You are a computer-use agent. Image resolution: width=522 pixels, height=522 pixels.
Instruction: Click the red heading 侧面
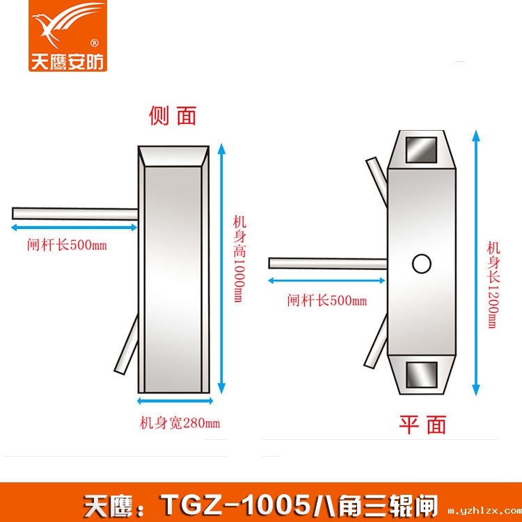pyautogui.click(x=173, y=116)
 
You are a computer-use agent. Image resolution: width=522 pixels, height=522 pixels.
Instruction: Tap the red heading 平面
pyautogui.click(x=422, y=423)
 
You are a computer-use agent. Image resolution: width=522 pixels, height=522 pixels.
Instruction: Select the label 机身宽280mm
pyautogui.click(x=180, y=422)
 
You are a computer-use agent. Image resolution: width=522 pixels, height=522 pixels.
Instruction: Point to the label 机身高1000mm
pyautogui.click(x=237, y=258)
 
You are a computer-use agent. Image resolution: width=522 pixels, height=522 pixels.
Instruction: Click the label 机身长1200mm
pyautogui.click(x=493, y=285)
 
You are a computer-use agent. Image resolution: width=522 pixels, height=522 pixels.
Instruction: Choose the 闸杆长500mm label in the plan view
pyautogui.click(x=326, y=301)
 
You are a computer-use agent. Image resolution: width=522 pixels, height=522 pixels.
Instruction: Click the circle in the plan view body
pyautogui.click(x=422, y=263)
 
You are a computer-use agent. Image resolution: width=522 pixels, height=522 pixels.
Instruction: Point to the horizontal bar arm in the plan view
pyautogui.click(x=327, y=263)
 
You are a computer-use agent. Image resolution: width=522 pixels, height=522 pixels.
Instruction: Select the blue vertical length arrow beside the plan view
pyautogui.click(x=475, y=261)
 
